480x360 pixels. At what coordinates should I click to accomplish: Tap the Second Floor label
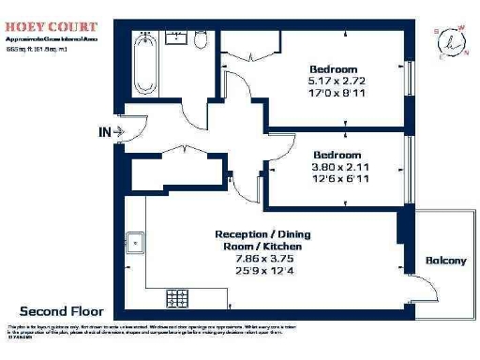pyautogui.click(x=62, y=310)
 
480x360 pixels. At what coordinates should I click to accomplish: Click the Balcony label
pyautogui.click(x=445, y=261)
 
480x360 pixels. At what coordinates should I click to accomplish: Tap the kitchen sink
pyautogui.click(x=137, y=242)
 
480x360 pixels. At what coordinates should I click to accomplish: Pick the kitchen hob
pyautogui.click(x=178, y=299)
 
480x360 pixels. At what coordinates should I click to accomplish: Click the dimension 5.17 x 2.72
pyautogui.click(x=335, y=82)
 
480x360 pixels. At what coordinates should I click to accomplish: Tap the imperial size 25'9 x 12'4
pyautogui.click(x=261, y=271)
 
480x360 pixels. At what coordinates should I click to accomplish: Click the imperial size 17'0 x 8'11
pyautogui.click(x=335, y=95)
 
